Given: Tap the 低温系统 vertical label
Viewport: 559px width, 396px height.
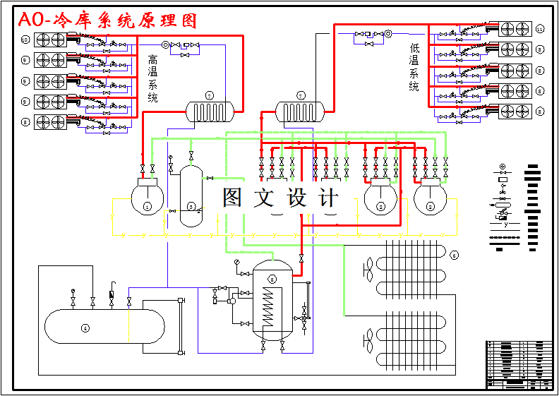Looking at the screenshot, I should (414, 68).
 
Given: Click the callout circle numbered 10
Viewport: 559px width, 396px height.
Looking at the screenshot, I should (25, 40).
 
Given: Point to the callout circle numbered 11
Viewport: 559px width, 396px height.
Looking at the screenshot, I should (540, 29).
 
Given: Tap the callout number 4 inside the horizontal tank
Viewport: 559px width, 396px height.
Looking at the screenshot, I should (85, 328).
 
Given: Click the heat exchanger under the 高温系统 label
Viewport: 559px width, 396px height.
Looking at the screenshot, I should (209, 111).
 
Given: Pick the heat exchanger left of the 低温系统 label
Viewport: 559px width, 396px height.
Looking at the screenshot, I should (299, 111).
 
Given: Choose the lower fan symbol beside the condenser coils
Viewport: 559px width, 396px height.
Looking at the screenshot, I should (368, 342).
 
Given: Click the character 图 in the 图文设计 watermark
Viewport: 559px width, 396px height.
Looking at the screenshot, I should (234, 198).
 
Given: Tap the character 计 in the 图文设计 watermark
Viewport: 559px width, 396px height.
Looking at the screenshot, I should (329, 198).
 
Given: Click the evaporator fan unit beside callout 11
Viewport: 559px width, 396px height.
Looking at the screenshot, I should (514, 29).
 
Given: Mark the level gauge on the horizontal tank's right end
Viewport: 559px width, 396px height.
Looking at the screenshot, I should (181, 326).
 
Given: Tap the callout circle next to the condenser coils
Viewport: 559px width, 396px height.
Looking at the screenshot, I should (455, 255).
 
